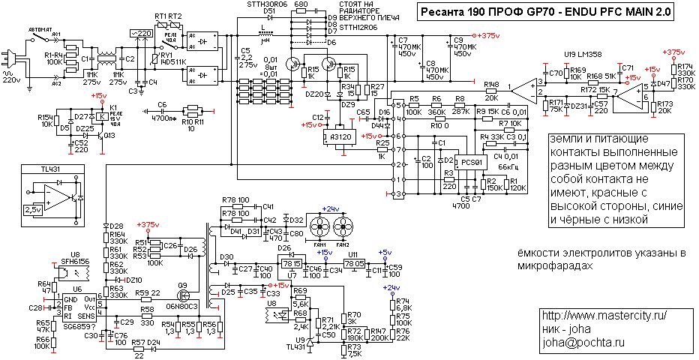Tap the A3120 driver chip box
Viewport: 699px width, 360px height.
(x=340, y=137)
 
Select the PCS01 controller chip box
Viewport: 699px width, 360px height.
(x=471, y=161)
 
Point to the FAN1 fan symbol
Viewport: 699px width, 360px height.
(x=319, y=226)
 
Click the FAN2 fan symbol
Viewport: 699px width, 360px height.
(x=343, y=226)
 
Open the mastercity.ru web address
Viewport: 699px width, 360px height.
(x=603, y=315)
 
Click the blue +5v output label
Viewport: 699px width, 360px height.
(x=384, y=252)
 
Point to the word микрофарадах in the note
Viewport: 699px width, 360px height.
(x=554, y=266)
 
